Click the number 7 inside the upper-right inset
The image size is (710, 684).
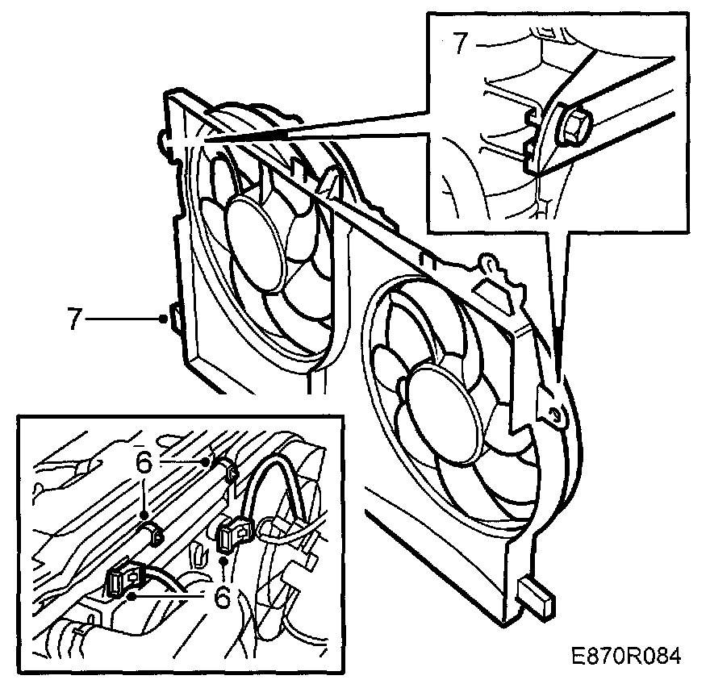coord(459,43)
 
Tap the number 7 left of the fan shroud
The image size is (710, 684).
coord(74,320)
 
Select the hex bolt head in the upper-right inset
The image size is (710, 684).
coord(574,125)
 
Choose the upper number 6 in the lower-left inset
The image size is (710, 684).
coord(144,463)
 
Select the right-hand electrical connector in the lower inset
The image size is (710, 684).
coord(233,532)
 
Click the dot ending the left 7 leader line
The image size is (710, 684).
coord(163,320)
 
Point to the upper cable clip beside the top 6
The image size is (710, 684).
coord(228,471)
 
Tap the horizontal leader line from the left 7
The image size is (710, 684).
coord(121,320)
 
